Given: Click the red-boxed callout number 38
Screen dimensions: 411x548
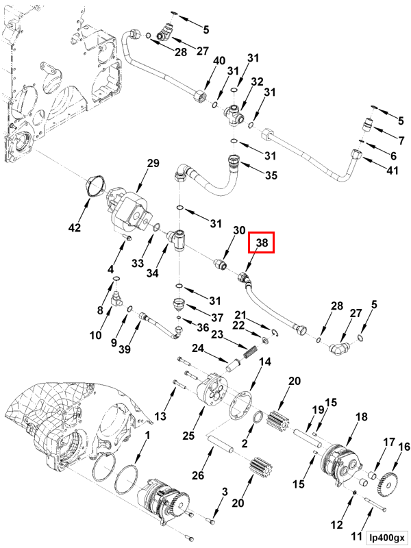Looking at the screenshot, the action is (262, 242).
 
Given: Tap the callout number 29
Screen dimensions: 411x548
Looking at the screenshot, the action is (153, 164).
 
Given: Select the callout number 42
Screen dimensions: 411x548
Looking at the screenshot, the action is (75, 227).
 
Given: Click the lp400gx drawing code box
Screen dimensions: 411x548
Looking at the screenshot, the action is (387, 537).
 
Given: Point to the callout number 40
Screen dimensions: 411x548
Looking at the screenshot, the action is (219, 61).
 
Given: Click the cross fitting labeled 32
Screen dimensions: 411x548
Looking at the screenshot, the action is (234, 114).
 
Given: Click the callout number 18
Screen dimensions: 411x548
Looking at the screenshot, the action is (362, 416).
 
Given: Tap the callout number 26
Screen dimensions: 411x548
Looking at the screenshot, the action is (198, 475).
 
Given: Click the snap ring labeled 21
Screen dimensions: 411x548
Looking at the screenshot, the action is (275, 334).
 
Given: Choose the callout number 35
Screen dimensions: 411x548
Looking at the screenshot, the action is (271, 175).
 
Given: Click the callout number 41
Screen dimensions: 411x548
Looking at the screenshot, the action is (392, 170).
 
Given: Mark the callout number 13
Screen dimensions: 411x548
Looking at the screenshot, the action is (160, 416).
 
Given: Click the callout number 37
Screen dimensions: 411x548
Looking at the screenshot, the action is (216, 317).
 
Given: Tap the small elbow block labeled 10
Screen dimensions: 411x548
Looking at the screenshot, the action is (115, 298).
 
